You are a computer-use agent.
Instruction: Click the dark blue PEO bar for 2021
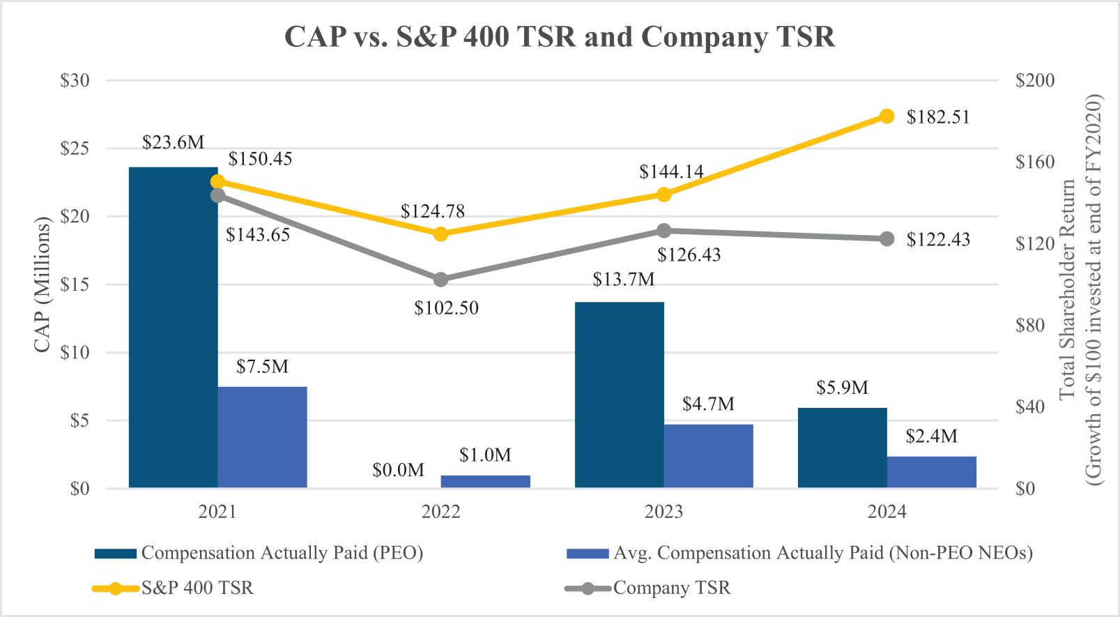[x=173, y=328]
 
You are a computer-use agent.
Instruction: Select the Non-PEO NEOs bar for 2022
[x=485, y=481]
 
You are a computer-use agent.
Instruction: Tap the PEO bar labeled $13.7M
[x=619, y=395]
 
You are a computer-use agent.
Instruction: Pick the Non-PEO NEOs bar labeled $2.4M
[x=931, y=472]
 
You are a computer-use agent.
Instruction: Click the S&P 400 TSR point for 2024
[x=887, y=116]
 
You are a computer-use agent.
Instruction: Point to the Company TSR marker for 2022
[x=440, y=280]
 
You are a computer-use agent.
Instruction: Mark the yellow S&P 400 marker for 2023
[x=663, y=195]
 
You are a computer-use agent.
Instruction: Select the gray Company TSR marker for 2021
[x=217, y=195]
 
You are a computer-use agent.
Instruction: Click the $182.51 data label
[x=937, y=117]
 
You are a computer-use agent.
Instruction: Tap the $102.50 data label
[x=446, y=308]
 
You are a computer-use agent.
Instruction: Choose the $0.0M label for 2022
[x=398, y=471]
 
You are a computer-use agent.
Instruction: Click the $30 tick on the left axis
[x=75, y=81]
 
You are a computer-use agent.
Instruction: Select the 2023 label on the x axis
[x=663, y=512]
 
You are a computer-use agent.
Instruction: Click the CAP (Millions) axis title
[x=43, y=284]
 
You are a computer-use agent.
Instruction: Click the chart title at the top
[x=559, y=36]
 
